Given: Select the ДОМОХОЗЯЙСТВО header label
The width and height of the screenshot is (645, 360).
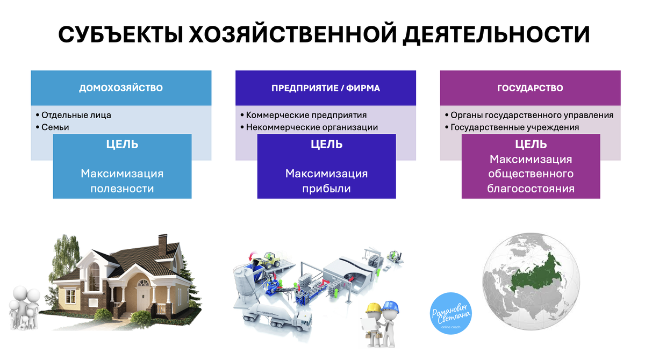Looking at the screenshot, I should (x=121, y=88).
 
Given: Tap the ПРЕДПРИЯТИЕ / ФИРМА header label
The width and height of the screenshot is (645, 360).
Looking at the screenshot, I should (x=326, y=88).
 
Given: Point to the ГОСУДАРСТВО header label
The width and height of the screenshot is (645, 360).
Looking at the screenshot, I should (x=530, y=88).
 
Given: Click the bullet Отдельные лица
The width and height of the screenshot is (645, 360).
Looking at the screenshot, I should (x=76, y=115).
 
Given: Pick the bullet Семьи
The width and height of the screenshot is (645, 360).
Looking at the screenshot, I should (x=55, y=127).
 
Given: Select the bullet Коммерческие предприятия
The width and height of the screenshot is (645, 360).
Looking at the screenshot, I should (x=306, y=115).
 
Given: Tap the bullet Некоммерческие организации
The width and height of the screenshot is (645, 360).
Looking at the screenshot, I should (x=312, y=127).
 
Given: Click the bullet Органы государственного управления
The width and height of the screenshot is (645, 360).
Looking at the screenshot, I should (x=532, y=115).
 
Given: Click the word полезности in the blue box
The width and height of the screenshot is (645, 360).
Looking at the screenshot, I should (x=122, y=189).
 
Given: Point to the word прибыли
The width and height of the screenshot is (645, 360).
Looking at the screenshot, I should (x=326, y=189).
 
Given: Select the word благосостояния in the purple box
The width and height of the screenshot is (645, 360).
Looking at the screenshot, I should (x=531, y=189).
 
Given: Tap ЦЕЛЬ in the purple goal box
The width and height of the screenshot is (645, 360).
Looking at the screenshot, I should (x=531, y=144).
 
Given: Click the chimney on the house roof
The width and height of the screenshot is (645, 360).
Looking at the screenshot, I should (x=161, y=243).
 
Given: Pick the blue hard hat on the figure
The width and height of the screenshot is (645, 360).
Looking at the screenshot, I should (x=391, y=306).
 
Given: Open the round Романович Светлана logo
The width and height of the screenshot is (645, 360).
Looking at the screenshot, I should (x=451, y=314).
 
